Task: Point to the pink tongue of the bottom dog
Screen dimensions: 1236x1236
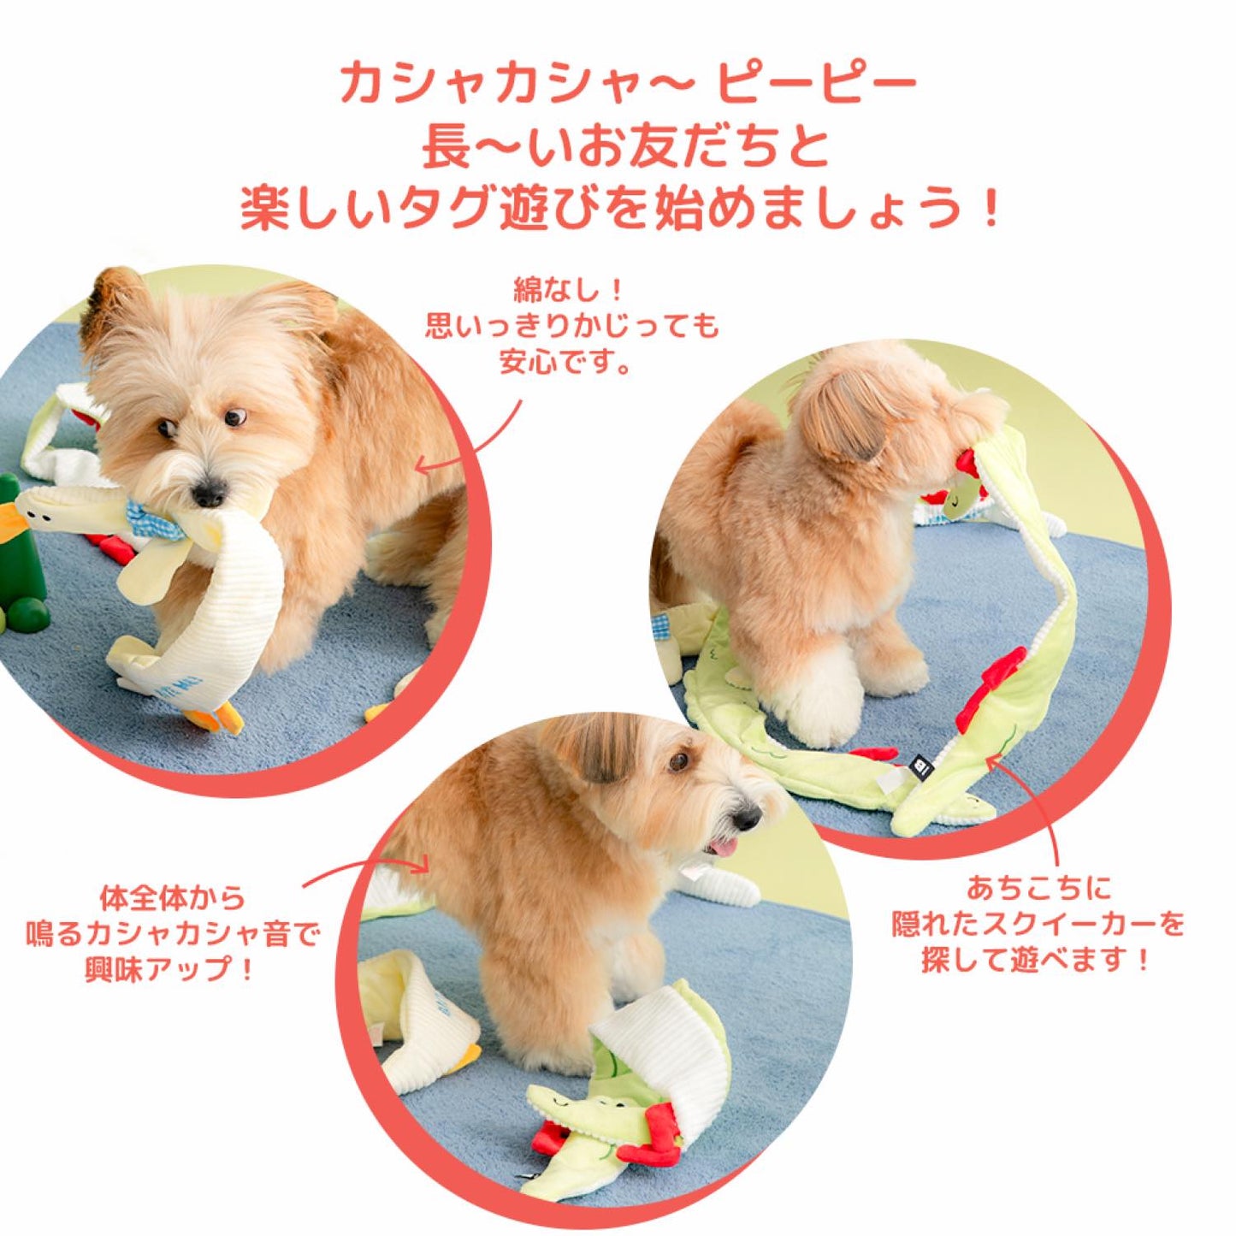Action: click(723, 848)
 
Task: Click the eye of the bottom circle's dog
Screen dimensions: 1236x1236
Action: click(679, 760)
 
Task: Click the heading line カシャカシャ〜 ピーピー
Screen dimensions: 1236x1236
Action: click(627, 84)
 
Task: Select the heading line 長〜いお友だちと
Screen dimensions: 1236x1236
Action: click(625, 146)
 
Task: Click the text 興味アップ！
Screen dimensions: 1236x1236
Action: click(170, 969)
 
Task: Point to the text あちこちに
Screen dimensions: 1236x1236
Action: click(1038, 888)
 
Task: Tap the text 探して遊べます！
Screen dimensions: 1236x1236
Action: click(1037, 960)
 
